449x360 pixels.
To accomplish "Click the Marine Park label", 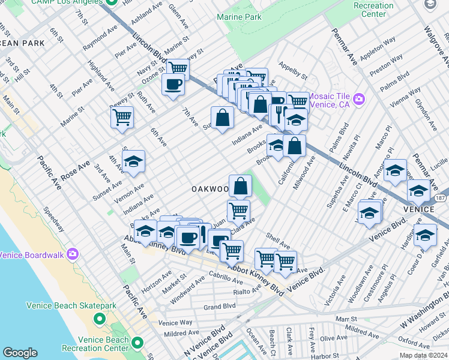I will coord(240,17).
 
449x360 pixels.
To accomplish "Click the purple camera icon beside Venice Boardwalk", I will coord(73,254).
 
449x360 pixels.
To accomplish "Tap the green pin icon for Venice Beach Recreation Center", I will coord(138,344).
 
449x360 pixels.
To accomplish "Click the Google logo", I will coord(20,353).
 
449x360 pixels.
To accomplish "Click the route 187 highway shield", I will coord(441,197).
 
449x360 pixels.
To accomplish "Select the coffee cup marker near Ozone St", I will coord(173,85).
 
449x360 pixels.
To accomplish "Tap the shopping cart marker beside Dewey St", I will coord(122,117).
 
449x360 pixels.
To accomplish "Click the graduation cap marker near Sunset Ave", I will coord(133,161).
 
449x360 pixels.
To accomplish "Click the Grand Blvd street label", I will coord(218,307).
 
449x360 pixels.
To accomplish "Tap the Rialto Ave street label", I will coord(246,292).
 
